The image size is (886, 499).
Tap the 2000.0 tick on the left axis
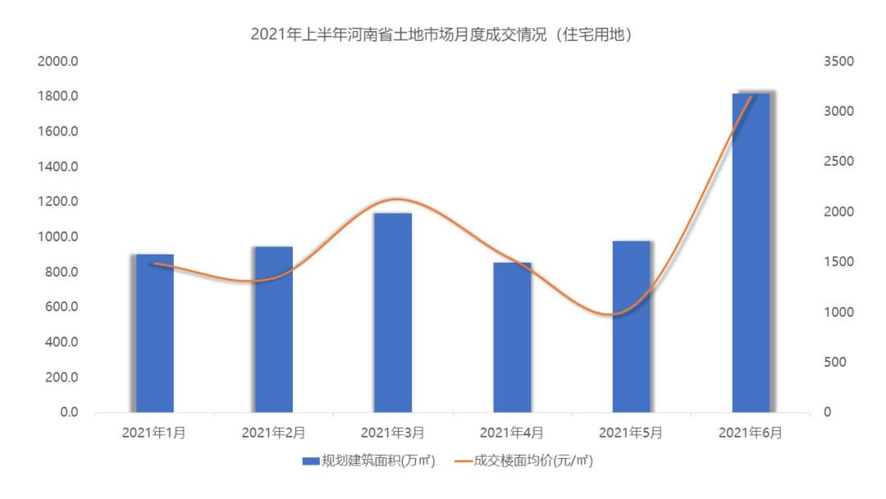58,62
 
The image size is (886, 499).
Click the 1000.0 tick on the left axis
58,237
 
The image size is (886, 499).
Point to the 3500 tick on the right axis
840,62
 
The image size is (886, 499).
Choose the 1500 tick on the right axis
840,262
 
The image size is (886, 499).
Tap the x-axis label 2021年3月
392,433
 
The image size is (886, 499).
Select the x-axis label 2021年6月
751,433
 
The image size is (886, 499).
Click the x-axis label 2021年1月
154,433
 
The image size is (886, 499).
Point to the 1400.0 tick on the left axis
58,167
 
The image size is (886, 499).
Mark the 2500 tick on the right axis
840,162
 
